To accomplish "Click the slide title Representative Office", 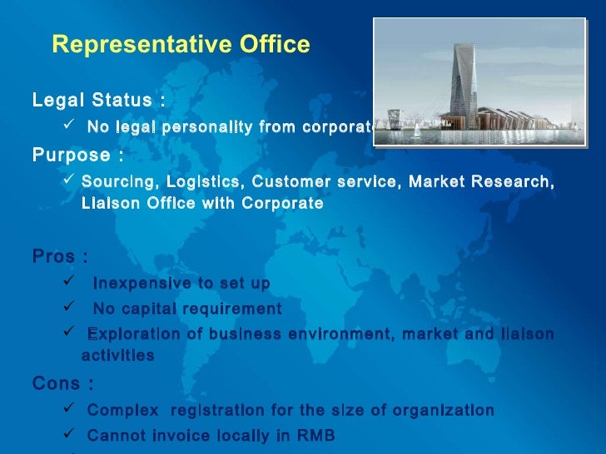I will point(181,44).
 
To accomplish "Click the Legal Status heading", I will point(98,101).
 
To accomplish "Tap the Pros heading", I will point(60,255).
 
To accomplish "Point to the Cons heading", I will point(62,383).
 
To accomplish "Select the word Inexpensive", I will point(139,284).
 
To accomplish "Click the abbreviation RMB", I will point(324,435).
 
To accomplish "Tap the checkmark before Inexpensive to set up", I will point(70,283).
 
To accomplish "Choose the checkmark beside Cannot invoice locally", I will point(70,434).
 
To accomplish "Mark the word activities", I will point(118,355).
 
